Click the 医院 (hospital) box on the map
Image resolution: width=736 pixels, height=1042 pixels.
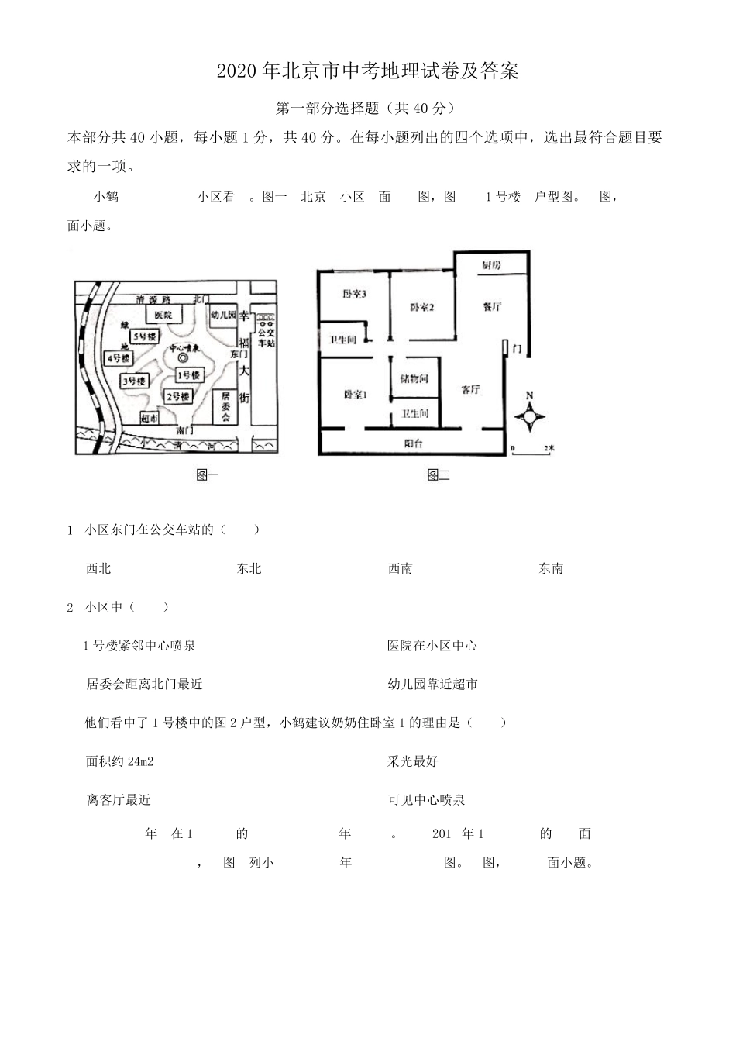163,315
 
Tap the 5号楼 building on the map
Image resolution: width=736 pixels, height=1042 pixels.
144,336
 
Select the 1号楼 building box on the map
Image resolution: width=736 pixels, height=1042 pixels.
188,375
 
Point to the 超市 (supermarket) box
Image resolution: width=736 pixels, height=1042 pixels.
150,419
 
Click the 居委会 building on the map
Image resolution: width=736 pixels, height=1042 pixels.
225,406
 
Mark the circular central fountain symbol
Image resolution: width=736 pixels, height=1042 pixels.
183,359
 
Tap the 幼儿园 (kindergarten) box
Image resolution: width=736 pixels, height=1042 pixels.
224,316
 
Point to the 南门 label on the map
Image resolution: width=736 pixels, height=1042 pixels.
184,429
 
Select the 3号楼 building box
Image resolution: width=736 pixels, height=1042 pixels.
134,381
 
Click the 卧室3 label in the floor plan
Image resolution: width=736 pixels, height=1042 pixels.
354,294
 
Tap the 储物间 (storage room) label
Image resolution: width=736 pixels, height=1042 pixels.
414,379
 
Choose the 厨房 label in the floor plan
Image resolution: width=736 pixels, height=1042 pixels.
491,266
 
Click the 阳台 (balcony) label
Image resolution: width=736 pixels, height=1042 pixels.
414,443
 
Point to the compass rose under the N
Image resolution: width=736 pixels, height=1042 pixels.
530,419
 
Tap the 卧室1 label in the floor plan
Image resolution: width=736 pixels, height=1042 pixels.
355,395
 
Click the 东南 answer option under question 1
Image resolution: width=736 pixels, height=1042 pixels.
551,568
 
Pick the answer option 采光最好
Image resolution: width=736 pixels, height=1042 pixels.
413,761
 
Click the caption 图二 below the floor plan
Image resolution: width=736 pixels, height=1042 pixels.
439,474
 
